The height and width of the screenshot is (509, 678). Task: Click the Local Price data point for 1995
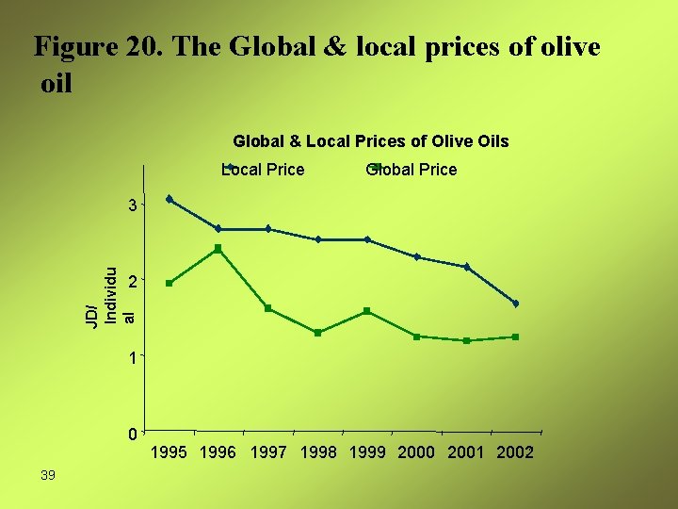(169, 199)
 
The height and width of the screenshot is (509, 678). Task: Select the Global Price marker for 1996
(218, 249)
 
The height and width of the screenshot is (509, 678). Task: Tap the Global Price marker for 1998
(318, 333)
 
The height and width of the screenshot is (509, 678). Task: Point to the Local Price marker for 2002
(516, 304)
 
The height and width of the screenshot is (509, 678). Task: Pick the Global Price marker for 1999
(367, 311)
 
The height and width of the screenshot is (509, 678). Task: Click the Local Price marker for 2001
(466, 268)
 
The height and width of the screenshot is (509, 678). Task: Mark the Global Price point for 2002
(516, 337)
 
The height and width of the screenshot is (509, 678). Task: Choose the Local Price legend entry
(263, 170)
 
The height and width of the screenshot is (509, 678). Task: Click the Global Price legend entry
(412, 170)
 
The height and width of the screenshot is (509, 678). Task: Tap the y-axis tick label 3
(135, 205)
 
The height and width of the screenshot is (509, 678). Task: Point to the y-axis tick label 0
(135, 435)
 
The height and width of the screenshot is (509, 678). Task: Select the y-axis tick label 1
(135, 358)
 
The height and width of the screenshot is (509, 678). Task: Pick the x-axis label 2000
(417, 452)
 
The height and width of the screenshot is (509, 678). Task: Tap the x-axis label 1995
(170, 452)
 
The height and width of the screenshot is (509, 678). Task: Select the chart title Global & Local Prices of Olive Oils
(370, 141)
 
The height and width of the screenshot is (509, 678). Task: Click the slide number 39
(48, 475)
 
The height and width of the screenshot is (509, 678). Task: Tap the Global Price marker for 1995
(169, 283)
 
